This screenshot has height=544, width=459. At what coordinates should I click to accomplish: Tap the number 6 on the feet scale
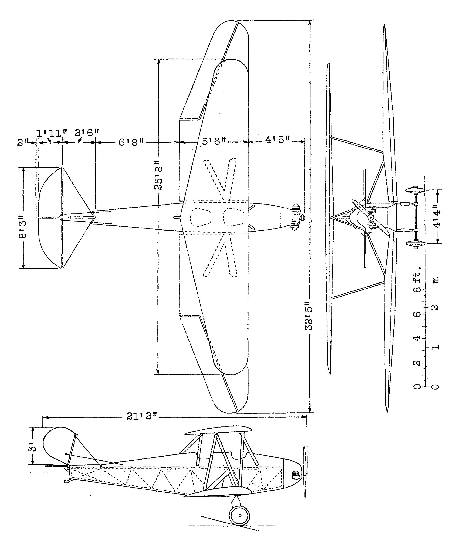(417, 314)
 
